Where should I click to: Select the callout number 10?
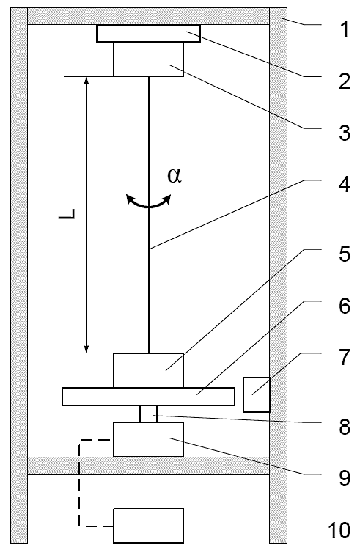[339, 530]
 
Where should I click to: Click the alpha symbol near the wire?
[175, 176]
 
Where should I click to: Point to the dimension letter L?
[67, 213]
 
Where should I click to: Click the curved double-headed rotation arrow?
[149, 205]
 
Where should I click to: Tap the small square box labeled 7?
[257, 394]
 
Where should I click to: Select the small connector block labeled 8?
[148, 413]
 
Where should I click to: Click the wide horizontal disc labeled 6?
[148, 397]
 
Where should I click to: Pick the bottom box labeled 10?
[148, 526]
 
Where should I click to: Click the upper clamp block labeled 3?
[148, 59]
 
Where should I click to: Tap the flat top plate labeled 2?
[148, 33]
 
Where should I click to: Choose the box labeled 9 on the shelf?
[148, 439]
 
